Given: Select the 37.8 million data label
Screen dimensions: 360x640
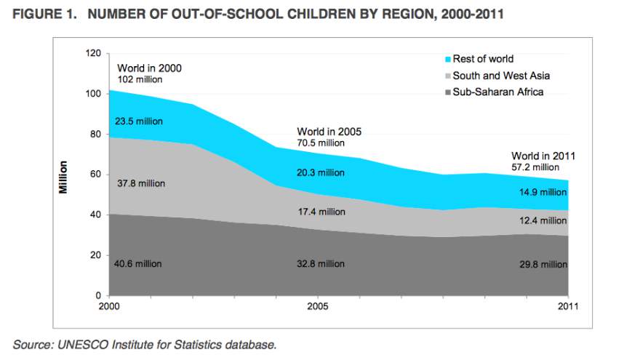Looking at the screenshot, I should point(141,183).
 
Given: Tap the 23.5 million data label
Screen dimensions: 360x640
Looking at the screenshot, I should point(139,121).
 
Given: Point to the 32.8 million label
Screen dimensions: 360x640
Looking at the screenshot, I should point(321,263).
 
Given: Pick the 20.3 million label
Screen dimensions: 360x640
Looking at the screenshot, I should point(321,172).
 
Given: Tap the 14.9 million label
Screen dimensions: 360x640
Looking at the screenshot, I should point(543,192).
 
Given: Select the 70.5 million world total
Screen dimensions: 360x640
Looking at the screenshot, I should point(320,143).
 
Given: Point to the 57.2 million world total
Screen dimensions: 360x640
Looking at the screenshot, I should point(535,167).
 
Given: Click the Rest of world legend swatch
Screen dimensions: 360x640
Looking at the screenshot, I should point(447,59).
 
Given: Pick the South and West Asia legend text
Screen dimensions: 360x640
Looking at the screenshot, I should point(501,76).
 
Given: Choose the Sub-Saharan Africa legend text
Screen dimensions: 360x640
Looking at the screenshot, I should point(498,92).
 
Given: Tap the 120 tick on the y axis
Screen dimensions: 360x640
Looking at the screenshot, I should point(92,53).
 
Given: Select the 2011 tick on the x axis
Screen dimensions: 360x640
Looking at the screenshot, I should point(567,306).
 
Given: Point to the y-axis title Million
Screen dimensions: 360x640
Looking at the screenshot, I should point(64,176).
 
